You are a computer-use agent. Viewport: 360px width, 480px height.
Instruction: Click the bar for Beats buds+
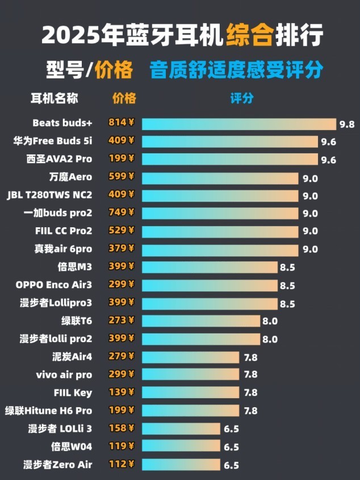coord(238,124)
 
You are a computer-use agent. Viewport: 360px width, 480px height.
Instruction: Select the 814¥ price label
coord(122,123)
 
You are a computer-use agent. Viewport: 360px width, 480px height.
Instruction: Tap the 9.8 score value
coord(346,124)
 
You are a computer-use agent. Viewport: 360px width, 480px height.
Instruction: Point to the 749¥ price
coord(122,212)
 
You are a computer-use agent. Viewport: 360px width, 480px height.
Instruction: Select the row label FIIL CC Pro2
coord(63,231)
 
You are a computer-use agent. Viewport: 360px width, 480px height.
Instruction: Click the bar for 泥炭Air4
coord(190,356)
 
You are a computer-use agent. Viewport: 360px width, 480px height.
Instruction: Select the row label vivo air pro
coord(64,375)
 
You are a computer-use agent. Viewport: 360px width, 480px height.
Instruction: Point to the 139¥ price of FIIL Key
coord(122,392)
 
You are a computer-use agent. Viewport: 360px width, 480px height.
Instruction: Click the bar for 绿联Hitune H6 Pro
coord(190,410)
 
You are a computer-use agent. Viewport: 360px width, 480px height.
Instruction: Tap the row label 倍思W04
coord(71,446)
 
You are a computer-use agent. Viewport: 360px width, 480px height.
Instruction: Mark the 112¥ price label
coord(122,464)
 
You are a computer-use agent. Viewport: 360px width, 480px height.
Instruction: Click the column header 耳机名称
coord(54,98)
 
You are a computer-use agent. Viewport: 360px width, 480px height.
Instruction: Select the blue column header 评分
coord(242,98)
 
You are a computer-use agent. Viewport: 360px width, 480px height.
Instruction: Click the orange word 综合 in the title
coord(248,35)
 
